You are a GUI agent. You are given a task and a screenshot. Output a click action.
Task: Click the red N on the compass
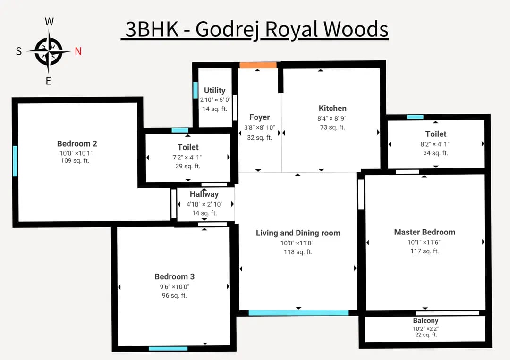point(78,51)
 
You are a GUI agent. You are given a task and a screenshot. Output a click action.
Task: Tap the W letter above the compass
point(50,22)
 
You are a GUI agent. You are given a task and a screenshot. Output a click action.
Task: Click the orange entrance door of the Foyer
point(258,65)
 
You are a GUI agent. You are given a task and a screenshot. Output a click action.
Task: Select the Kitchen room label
point(332,108)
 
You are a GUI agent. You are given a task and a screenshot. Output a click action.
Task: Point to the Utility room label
point(215,90)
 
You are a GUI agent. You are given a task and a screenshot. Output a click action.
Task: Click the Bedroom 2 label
point(77,143)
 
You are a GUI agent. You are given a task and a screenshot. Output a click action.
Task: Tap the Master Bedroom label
point(425,232)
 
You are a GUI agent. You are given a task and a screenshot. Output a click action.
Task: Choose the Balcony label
point(426,321)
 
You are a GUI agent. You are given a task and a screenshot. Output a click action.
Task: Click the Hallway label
point(204,194)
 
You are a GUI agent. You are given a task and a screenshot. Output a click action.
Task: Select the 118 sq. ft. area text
point(298,252)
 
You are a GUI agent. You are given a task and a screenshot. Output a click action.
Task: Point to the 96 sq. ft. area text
point(174,295)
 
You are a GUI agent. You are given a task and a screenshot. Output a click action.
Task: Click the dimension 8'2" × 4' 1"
point(435,144)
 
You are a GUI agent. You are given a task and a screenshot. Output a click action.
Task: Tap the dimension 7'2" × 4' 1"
point(187,157)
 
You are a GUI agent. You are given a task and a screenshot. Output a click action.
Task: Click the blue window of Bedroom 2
point(15,161)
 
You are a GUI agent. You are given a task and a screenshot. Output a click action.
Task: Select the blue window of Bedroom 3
point(168,349)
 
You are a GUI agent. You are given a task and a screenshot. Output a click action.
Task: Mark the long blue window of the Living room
point(298,313)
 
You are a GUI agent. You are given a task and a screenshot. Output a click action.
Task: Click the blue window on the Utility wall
point(195,90)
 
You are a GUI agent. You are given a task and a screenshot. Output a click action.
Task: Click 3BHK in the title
point(152,30)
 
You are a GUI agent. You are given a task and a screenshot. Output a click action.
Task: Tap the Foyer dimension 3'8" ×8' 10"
point(260,127)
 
